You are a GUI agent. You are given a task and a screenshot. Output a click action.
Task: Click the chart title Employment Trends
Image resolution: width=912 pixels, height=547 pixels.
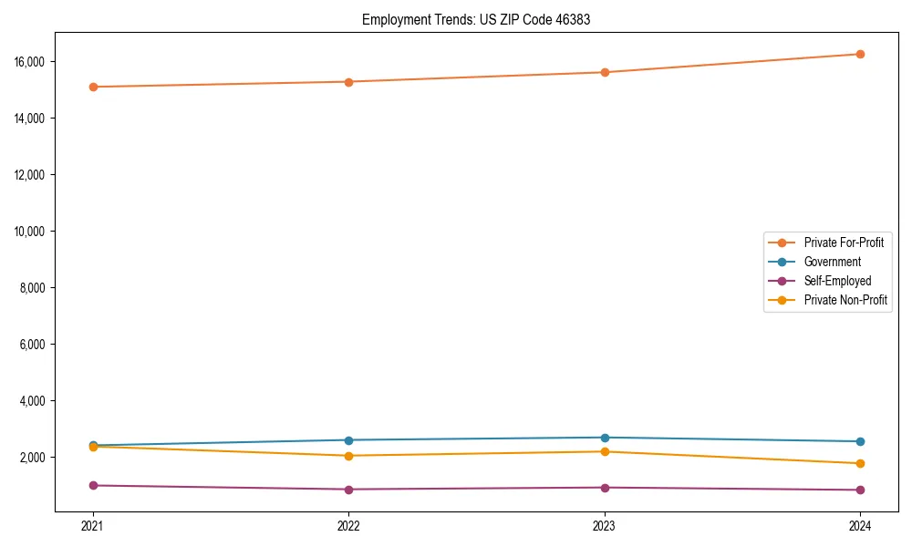(x=476, y=19)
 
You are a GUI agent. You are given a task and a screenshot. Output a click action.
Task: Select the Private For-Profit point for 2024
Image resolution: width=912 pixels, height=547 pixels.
(x=860, y=54)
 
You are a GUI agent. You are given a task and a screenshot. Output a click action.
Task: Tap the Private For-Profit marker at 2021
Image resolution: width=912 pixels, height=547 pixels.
(x=93, y=87)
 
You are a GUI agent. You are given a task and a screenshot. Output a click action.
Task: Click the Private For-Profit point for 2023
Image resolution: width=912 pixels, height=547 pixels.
(x=605, y=72)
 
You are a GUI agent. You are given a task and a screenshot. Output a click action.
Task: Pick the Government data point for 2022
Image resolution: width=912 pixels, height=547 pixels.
(x=348, y=440)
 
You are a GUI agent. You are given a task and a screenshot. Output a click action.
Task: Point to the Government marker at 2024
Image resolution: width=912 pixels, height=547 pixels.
(x=860, y=441)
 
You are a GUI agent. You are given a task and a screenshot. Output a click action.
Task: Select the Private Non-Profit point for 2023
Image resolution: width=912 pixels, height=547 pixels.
(x=605, y=451)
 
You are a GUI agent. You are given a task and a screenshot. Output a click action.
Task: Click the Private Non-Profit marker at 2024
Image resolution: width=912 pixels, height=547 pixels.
(x=860, y=463)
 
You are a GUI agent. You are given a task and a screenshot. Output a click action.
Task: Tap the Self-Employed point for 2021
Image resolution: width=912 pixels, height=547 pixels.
(x=93, y=485)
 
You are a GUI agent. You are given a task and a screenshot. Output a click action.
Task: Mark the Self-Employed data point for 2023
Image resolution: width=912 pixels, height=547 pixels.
(x=605, y=488)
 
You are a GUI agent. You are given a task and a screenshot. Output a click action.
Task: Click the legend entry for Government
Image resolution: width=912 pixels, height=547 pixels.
(x=832, y=262)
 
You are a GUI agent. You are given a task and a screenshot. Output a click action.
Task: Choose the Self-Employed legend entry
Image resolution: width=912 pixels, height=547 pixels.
(x=837, y=281)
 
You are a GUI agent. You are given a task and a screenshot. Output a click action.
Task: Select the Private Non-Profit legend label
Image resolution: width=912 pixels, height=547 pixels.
(x=845, y=300)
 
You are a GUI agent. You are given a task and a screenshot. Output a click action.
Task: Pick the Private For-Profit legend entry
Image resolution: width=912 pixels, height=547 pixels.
(x=844, y=243)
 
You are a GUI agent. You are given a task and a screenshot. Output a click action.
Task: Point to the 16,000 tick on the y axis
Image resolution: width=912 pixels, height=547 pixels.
(x=32, y=62)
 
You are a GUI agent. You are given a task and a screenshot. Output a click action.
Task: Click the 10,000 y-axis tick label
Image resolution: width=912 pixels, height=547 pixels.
(x=32, y=232)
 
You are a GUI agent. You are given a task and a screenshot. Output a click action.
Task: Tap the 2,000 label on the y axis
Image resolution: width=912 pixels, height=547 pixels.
(x=35, y=458)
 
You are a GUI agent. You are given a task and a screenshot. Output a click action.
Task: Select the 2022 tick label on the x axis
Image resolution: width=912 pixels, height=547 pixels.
(x=348, y=525)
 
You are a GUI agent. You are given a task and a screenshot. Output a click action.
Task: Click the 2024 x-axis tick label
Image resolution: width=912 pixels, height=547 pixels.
(x=860, y=525)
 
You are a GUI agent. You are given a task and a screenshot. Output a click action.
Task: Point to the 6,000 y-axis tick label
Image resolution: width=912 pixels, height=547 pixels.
(x=35, y=345)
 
